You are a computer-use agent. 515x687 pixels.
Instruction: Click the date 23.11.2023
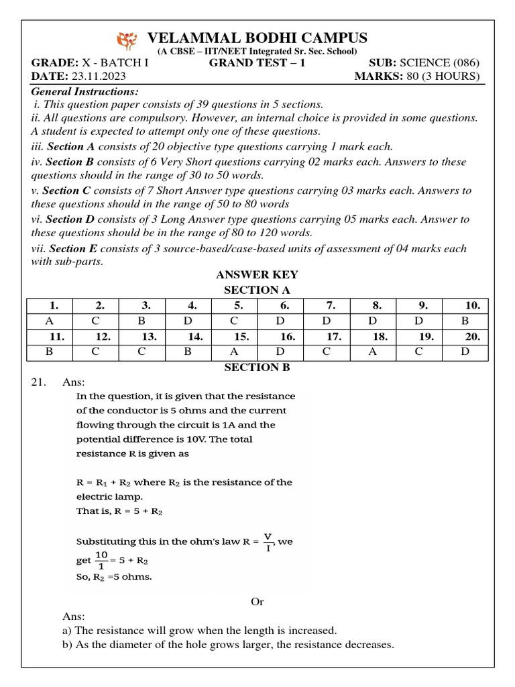[95, 76]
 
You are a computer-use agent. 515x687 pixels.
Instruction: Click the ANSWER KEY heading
[257, 275]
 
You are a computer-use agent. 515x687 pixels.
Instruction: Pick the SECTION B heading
[257, 367]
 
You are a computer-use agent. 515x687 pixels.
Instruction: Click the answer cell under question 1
[49, 321]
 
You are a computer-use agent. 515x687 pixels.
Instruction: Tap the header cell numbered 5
[239, 305]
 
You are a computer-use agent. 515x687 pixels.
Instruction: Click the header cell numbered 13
[149, 337]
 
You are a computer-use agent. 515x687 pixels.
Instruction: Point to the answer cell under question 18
[380, 352]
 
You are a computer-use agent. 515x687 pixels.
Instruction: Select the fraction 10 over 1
[101, 560]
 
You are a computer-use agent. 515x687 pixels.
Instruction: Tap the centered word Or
[257, 602]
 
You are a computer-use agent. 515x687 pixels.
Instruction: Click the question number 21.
[38, 382]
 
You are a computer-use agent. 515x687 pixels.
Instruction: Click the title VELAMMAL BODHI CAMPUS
[257, 38]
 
